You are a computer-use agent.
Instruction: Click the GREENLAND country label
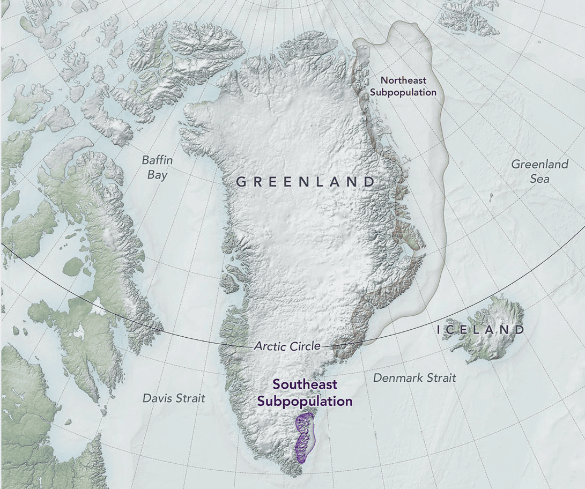point(306,182)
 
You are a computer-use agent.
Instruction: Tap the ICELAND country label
point(480,330)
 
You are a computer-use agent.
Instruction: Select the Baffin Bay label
point(155,167)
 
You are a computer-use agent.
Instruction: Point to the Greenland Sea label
point(539,172)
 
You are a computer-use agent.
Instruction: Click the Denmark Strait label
point(414,378)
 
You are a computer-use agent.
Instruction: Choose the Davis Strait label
point(174,398)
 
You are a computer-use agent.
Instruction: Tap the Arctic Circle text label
point(287,346)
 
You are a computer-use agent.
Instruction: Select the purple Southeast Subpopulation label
point(305,392)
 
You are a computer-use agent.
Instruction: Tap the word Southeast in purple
point(305,384)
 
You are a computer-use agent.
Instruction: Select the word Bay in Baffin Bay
point(157,175)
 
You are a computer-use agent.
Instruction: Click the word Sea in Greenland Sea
point(539,179)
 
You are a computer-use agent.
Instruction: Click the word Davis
point(157,398)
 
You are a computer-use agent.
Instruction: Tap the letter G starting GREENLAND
point(241,182)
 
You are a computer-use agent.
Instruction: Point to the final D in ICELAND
point(519,330)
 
